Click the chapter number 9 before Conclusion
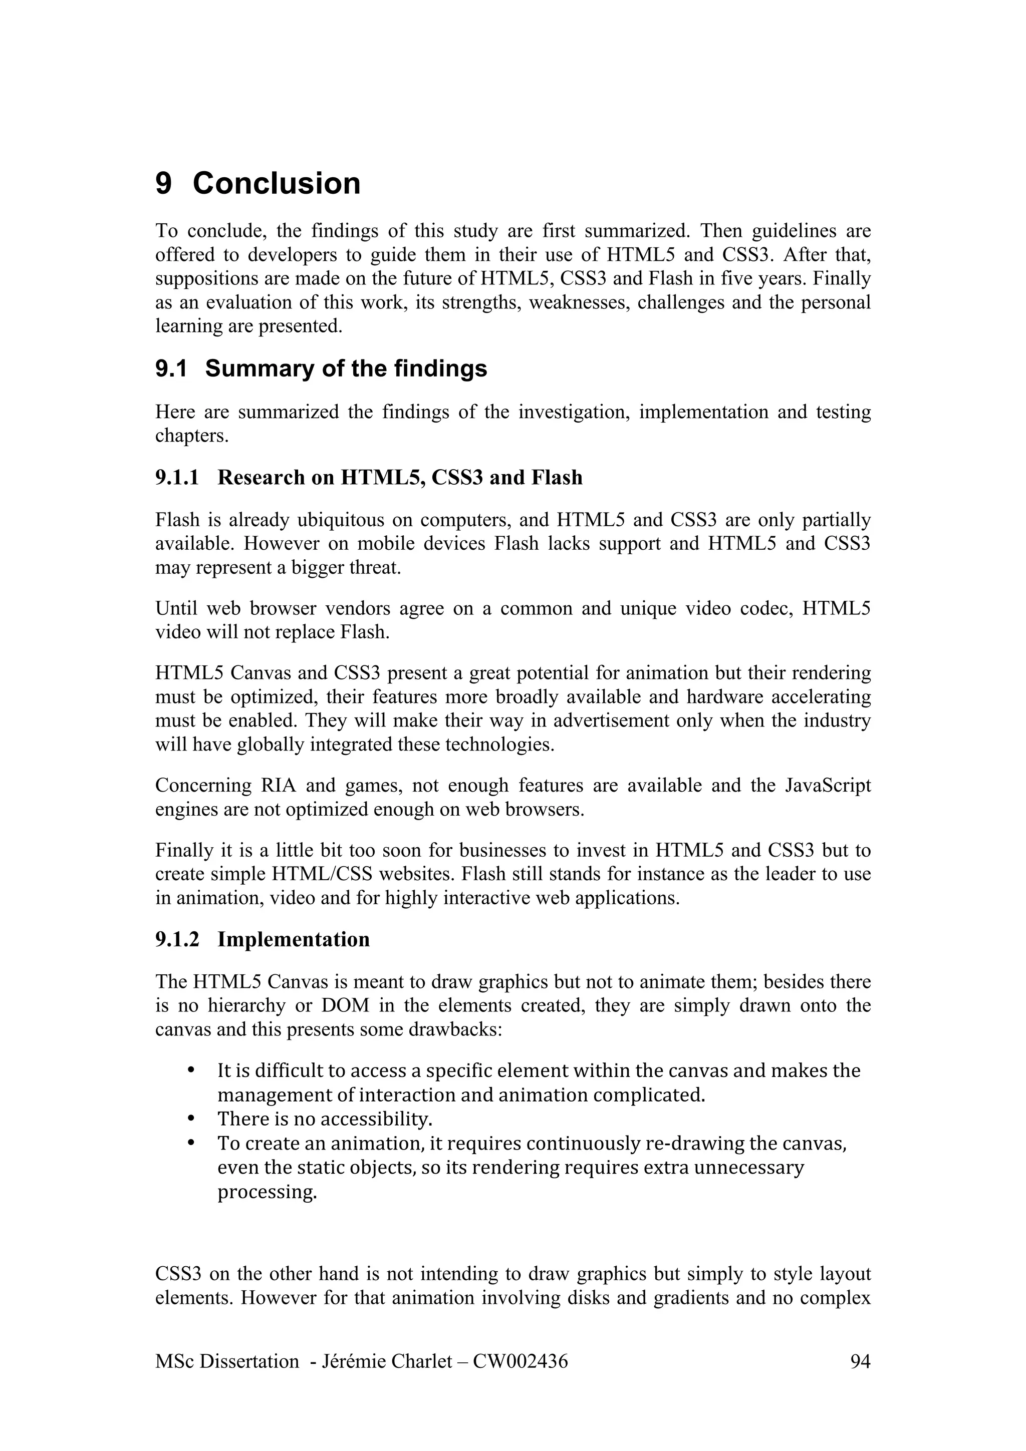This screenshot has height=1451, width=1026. point(163,184)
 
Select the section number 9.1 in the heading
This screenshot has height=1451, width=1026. point(171,369)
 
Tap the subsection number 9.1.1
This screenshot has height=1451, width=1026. point(177,477)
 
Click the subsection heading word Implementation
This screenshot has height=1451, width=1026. point(294,939)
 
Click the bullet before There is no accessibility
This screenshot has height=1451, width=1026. point(191,1119)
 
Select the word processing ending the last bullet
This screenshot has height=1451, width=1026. point(267,1192)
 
